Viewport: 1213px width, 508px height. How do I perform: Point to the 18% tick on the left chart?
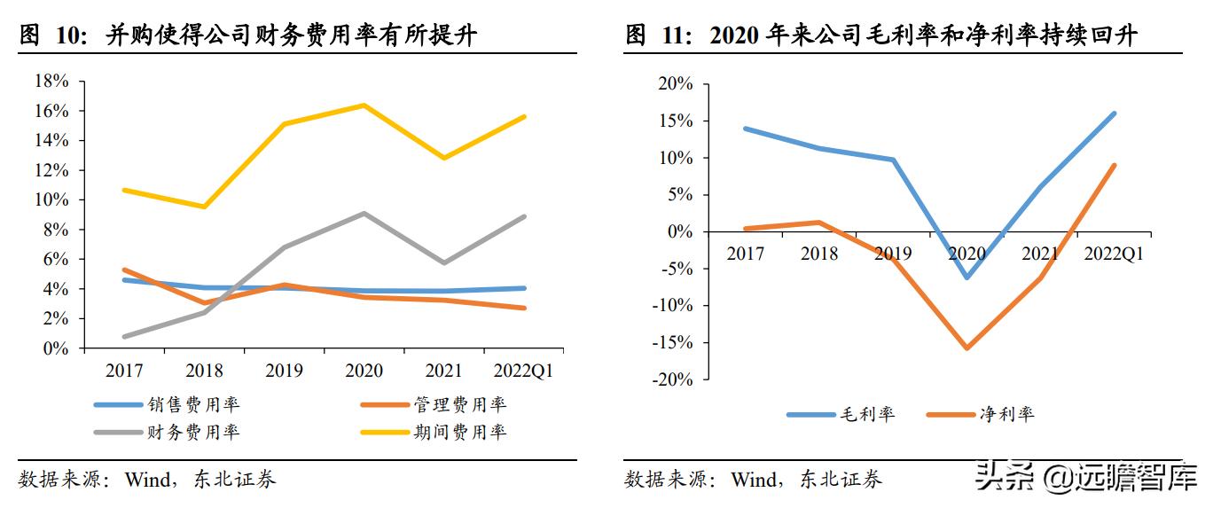[x=51, y=82]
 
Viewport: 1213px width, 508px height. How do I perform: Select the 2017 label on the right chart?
[x=746, y=254]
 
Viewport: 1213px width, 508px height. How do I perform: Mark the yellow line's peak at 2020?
[x=364, y=105]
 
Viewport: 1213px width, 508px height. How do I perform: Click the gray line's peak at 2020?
[x=364, y=213]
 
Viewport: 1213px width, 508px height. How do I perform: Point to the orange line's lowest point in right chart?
[x=966, y=348]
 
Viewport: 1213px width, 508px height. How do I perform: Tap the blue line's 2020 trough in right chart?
[x=966, y=277]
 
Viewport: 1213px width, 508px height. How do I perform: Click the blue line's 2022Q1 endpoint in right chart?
[x=1115, y=113]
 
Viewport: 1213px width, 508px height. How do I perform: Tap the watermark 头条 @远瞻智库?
[x=1086, y=479]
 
